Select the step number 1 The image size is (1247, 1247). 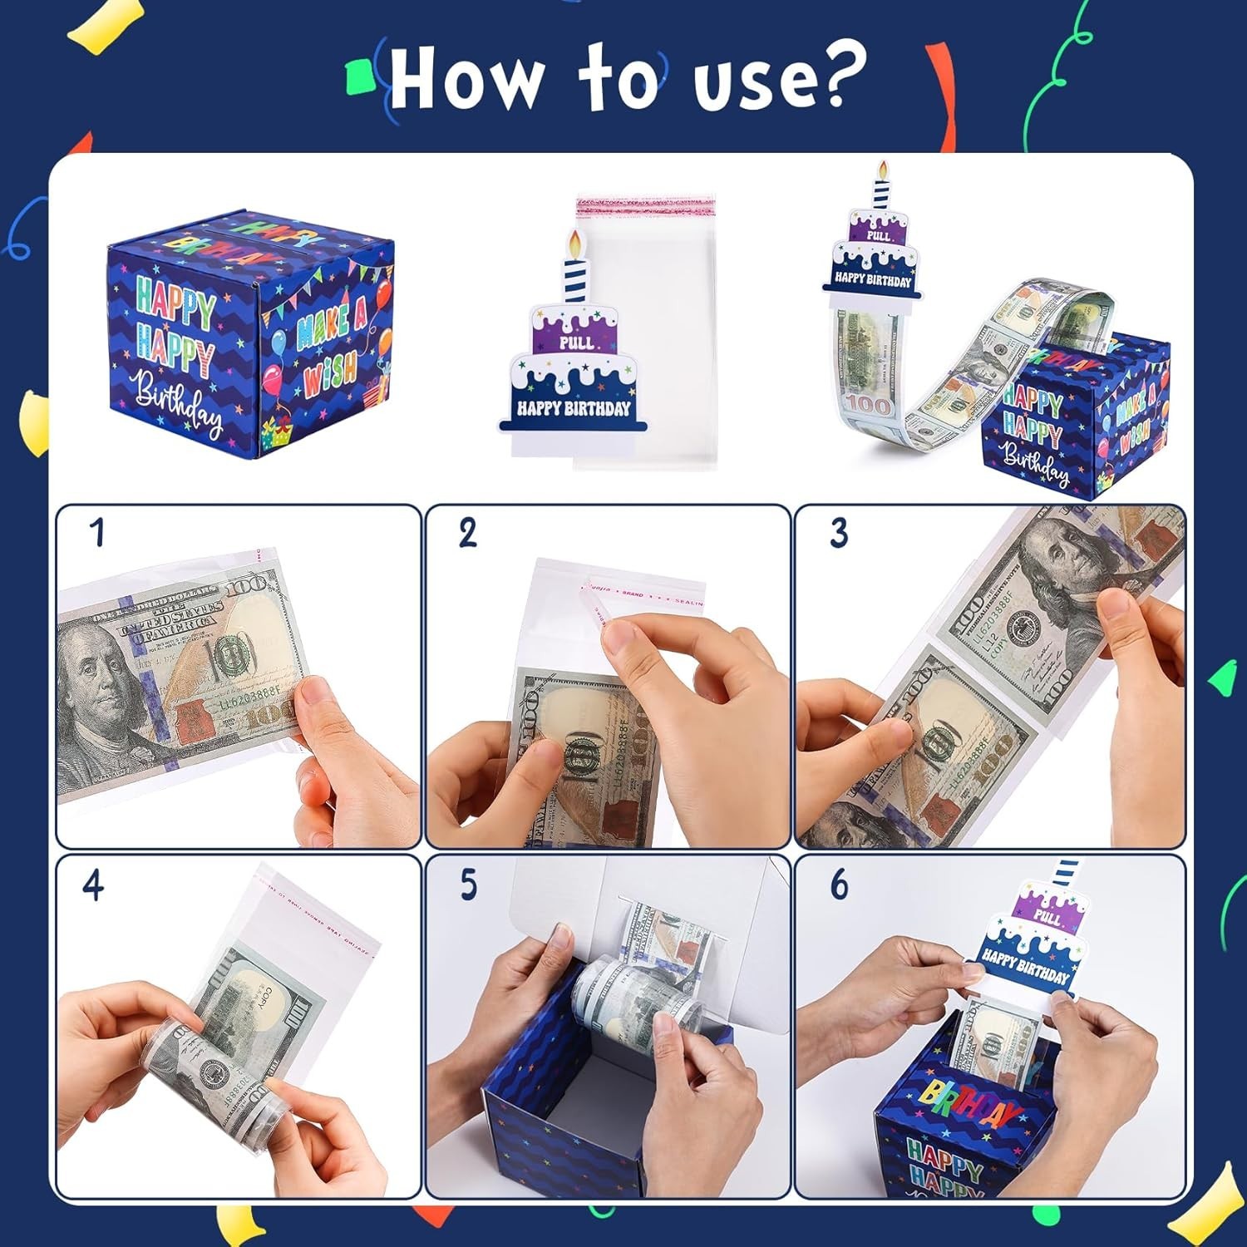[98, 533]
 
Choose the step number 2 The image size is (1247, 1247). [467, 533]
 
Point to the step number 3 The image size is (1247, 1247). [838, 533]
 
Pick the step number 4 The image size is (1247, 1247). [93, 886]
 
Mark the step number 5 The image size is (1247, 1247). [468, 886]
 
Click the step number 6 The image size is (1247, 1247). [839, 886]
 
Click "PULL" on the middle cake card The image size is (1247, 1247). [576, 343]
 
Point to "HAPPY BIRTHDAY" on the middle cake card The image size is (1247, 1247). [574, 408]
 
